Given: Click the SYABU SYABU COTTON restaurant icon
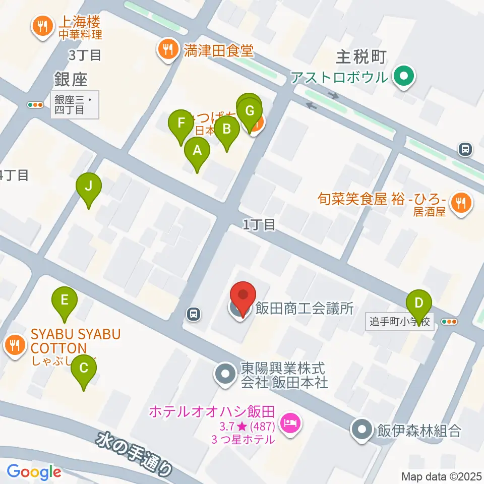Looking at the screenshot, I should pyautogui.click(x=15, y=345).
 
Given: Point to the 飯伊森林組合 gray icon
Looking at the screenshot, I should pyautogui.click(x=362, y=430).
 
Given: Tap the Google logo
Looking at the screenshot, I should pyautogui.click(x=34, y=472).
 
